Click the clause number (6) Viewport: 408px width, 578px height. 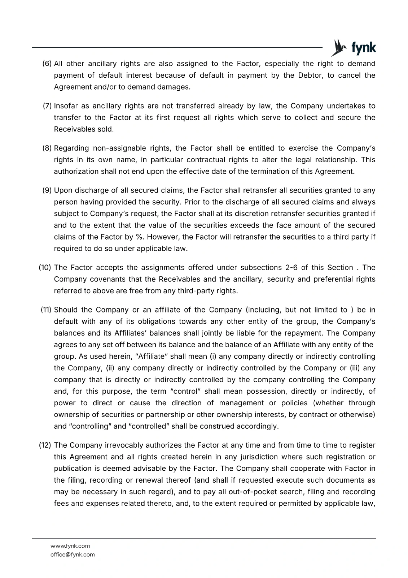[47, 64]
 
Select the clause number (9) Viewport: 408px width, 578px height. [47, 190]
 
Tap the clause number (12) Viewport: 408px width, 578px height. [45, 445]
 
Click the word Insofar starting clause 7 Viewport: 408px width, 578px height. [66, 106]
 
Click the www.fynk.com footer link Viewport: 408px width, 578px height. [70, 546]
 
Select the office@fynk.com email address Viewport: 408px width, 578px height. [72, 555]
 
